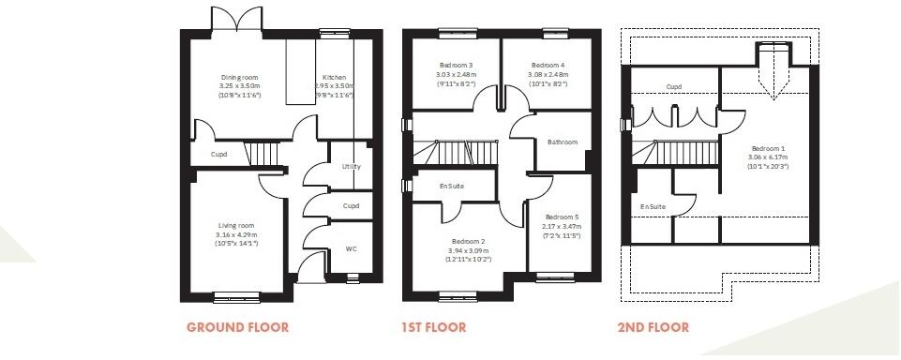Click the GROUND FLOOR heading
(237, 327)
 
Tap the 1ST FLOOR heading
(434, 327)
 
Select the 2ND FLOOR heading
(653, 327)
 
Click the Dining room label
(239, 77)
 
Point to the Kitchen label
(334, 77)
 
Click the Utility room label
(352, 166)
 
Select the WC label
(352, 249)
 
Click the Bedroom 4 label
(546, 65)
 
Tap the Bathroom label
(563, 142)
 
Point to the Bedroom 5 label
(563, 217)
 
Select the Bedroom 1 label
(768, 148)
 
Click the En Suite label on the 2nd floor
(653, 206)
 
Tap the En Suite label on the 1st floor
(452, 186)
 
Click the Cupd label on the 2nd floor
(673, 87)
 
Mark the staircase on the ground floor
(262, 153)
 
